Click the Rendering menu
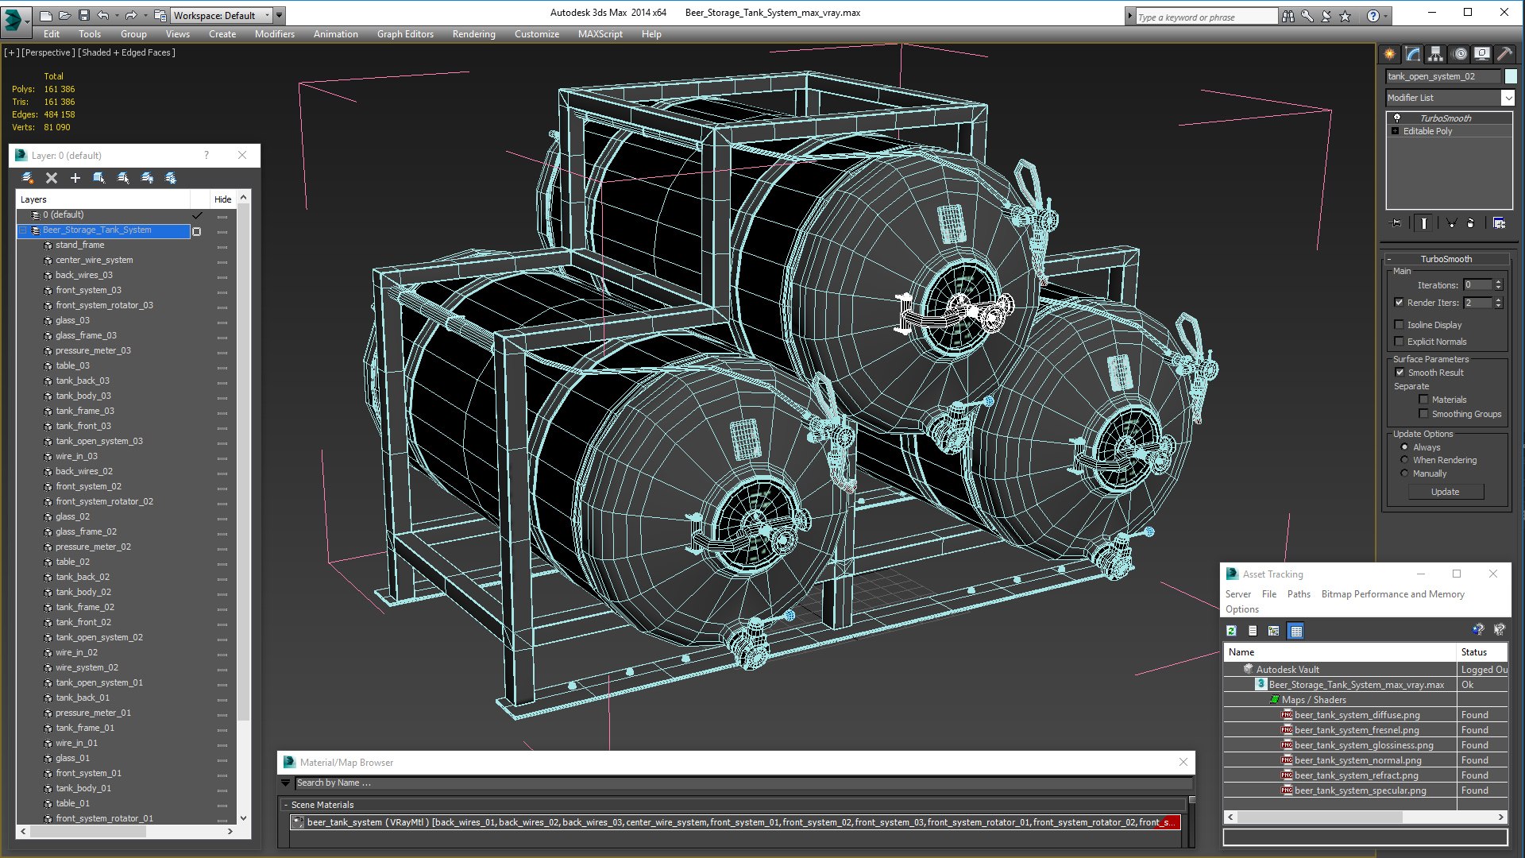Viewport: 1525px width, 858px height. [473, 34]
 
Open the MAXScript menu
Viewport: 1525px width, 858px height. [600, 34]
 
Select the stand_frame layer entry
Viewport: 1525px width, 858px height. [79, 245]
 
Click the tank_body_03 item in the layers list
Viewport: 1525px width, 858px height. [83, 396]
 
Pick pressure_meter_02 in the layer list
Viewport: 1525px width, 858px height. [93, 547]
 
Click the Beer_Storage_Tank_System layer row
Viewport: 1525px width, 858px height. [97, 230]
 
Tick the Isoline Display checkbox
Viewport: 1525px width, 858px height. [1400, 325]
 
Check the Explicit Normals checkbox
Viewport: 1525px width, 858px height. [1400, 342]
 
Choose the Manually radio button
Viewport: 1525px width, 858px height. [1405, 473]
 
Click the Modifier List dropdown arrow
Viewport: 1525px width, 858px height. [1508, 98]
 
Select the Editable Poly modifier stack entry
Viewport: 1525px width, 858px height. [1427, 131]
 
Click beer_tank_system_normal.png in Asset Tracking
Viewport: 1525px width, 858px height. [1357, 760]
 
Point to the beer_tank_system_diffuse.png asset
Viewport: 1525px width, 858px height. [1357, 715]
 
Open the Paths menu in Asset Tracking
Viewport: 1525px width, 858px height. [1299, 594]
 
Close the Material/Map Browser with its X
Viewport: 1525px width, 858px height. [1183, 762]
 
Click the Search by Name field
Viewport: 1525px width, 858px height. [739, 783]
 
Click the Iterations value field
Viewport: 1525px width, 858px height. [1477, 285]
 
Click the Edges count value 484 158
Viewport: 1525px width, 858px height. [60, 114]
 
